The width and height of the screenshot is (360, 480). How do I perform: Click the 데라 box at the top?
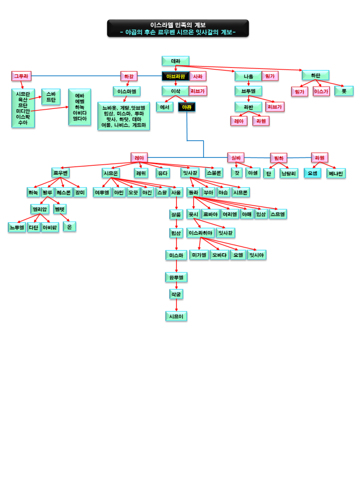tap(176, 61)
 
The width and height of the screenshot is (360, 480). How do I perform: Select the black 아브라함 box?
tap(176, 76)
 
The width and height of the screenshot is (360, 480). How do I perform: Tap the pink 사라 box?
tap(198, 76)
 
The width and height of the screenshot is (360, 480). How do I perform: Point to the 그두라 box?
tap(21, 76)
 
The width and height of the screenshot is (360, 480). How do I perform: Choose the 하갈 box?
tap(129, 76)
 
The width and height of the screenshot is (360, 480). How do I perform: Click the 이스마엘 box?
tap(127, 91)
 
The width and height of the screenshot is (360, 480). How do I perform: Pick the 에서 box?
tap(164, 107)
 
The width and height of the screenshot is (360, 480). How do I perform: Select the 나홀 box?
tap(248, 76)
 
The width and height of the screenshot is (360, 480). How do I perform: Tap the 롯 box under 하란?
tap(344, 91)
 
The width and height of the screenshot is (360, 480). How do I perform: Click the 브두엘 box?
tap(248, 91)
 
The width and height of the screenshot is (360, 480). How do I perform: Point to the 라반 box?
tap(248, 107)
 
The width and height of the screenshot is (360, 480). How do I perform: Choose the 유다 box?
tap(163, 173)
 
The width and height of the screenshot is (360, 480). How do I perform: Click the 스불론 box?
tap(214, 173)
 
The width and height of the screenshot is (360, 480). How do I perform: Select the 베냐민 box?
tap(336, 173)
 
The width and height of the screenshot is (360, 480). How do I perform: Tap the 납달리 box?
tap(289, 173)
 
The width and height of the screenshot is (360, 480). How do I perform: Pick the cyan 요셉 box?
tap(312, 173)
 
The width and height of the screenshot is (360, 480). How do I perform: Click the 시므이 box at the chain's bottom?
tap(176, 317)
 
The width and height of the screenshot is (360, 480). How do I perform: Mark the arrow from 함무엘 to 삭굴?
tap(176, 286)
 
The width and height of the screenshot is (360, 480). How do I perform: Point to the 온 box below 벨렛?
tap(70, 227)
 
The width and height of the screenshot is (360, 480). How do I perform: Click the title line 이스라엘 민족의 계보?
tap(178, 25)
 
